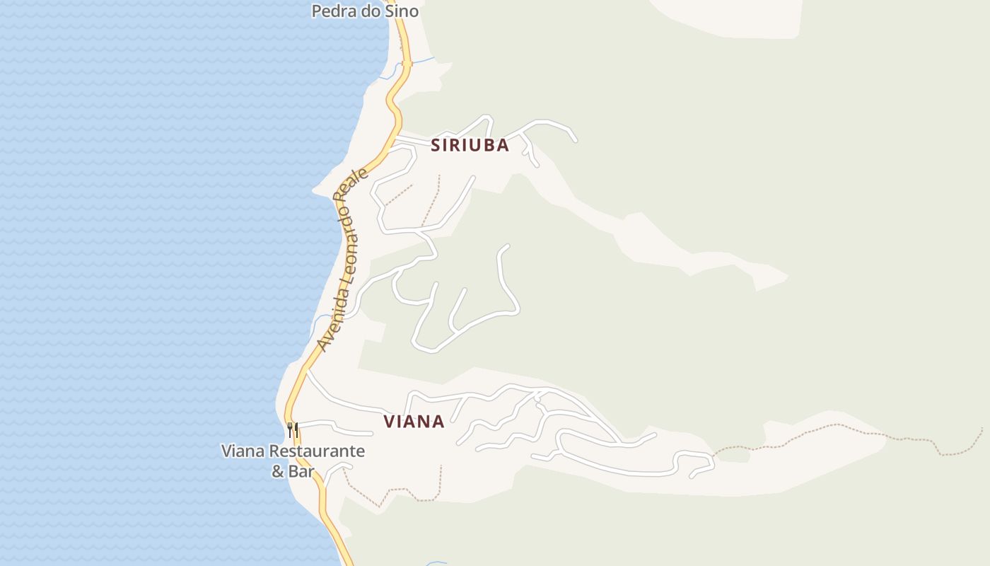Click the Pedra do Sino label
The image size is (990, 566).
365,11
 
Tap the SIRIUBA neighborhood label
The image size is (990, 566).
470,145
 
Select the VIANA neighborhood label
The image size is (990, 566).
414,422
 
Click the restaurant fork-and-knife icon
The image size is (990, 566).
292,429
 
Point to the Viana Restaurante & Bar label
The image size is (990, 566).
293,461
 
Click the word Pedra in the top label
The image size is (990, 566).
332,11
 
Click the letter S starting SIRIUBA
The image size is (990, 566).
436,145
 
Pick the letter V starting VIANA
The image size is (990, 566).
389,422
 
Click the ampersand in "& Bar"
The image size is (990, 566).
278,471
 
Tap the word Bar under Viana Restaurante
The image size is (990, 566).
301,471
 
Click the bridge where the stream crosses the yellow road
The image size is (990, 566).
407,64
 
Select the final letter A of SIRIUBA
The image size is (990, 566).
503,145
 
